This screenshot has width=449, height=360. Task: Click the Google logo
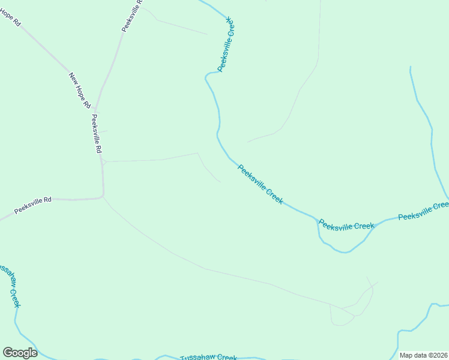coord(20,353)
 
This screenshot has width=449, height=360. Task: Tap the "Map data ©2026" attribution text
coord(423,355)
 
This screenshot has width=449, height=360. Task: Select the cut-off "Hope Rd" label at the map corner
coord(11,17)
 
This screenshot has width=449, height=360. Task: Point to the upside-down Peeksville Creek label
coord(226,44)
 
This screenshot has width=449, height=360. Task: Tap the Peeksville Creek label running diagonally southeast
coord(260,184)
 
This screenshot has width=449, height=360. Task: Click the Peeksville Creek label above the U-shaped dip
coord(346,226)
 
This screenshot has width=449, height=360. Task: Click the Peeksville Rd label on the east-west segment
coord(33,206)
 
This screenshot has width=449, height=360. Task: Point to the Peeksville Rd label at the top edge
coord(132,16)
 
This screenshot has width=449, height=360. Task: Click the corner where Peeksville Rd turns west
coord(103,196)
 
